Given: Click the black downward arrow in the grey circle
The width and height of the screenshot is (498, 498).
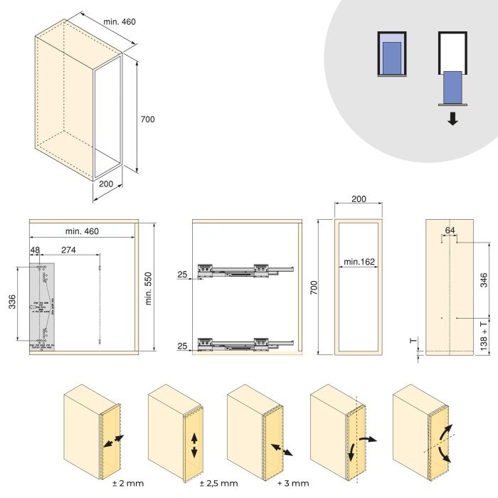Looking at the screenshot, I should (x=452, y=119).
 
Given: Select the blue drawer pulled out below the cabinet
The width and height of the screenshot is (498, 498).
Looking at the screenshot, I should (x=452, y=86).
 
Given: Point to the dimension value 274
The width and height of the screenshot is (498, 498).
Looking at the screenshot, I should (x=69, y=250).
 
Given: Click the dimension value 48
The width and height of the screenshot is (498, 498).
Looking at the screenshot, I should (x=36, y=250).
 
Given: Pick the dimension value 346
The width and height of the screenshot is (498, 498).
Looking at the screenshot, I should (x=484, y=280).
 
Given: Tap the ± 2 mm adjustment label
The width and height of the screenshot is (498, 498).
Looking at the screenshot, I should (x=128, y=483).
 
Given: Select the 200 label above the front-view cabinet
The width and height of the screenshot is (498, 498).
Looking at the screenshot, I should (x=359, y=199).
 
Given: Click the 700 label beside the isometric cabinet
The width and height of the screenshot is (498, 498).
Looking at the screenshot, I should (x=147, y=120).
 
